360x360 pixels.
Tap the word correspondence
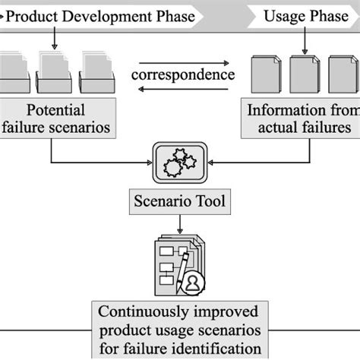pos(183,75)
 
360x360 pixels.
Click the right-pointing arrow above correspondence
pos(183,63)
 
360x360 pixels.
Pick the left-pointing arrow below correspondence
pos(183,88)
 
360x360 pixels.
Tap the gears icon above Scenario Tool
pos(181,163)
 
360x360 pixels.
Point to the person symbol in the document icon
pos(194,283)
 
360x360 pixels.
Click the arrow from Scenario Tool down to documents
pos(180,224)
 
